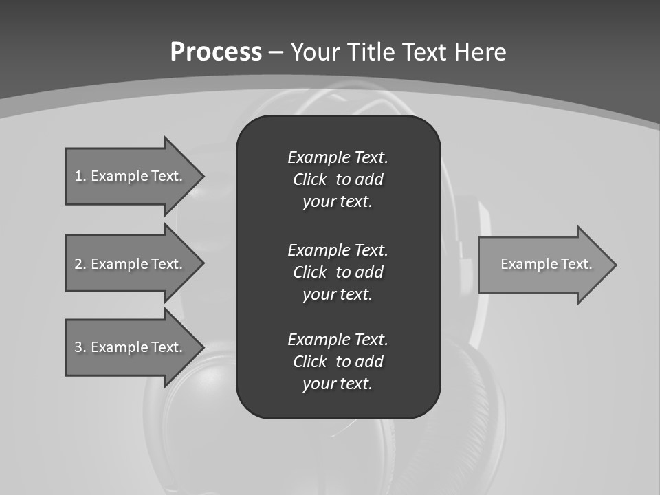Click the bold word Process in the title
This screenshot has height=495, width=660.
click(216, 52)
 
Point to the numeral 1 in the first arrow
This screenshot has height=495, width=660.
click(78, 176)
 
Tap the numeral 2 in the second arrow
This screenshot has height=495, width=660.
click(78, 264)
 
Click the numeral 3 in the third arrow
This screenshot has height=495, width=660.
click(78, 347)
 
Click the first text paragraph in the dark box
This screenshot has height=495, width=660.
click(338, 179)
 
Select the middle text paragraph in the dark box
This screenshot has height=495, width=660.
click(338, 272)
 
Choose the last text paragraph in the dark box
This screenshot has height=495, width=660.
click(338, 362)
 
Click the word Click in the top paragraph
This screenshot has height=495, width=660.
click(309, 179)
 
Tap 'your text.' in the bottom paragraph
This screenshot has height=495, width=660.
click(338, 384)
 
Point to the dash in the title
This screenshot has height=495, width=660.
click(276, 52)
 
